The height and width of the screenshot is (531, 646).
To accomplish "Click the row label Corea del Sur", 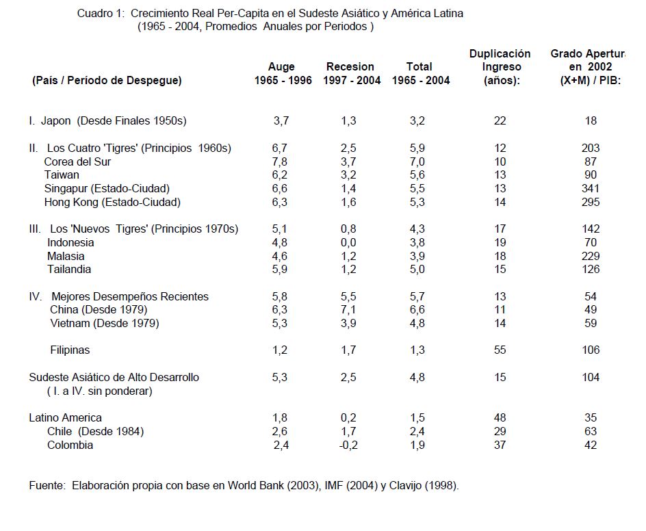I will [x=77, y=161].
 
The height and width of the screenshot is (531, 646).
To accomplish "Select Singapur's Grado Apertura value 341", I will [x=591, y=188].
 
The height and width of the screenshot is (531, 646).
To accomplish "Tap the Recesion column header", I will [x=350, y=67].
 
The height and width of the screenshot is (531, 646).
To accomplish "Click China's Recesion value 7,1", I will [x=349, y=310].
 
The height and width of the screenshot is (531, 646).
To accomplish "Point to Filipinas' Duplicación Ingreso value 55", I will [x=500, y=350].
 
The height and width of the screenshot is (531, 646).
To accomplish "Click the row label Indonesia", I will [x=70, y=242].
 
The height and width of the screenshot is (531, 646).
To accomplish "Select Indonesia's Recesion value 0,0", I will [x=349, y=242].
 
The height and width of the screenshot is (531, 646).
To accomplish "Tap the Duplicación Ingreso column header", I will [x=500, y=67].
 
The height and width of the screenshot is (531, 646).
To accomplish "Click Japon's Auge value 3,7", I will [x=281, y=121].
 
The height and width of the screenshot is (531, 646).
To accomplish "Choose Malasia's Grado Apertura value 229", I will [x=591, y=256].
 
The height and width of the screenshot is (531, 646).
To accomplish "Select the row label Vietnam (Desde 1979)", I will [x=104, y=323].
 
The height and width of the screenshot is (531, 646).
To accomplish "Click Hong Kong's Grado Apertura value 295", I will [x=591, y=202].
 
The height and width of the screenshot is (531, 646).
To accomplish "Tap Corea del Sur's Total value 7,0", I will [x=417, y=161].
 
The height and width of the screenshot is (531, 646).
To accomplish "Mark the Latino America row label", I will [x=65, y=417].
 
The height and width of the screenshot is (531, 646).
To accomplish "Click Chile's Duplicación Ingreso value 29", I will [x=500, y=431].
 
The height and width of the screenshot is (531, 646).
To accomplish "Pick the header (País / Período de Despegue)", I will [x=107, y=81].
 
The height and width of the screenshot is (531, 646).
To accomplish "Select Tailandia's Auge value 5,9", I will [x=281, y=269].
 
